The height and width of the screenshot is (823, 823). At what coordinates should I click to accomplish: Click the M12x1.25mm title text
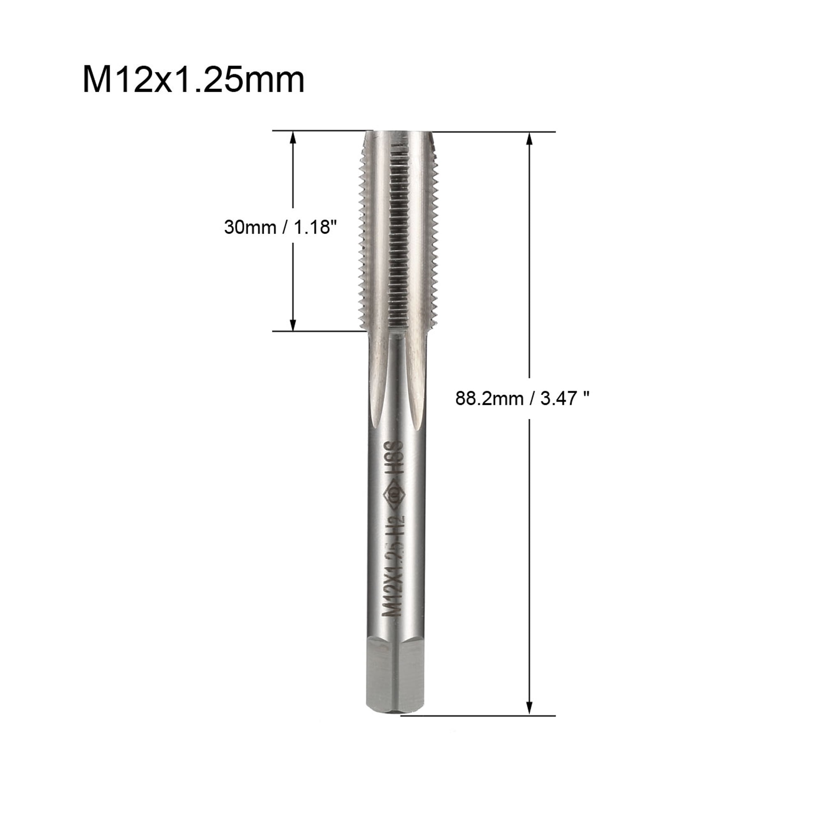pyautogui.click(x=193, y=80)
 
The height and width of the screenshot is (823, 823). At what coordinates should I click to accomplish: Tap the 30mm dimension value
pyautogui.click(x=250, y=227)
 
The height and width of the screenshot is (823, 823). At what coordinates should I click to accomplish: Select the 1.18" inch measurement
pyautogui.click(x=313, y=227)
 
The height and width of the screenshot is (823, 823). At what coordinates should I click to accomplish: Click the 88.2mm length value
pyautogui.click(x=489, y=399)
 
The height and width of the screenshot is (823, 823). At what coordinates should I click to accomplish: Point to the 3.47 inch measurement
pyautogui.click(x=565, y=399)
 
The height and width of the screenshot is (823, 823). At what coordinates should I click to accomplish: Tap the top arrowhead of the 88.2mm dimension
pyautogui.click(x=530, y=138)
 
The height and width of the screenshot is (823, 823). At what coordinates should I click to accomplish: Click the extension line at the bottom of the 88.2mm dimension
pyautogui.click(x=477, y=716)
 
